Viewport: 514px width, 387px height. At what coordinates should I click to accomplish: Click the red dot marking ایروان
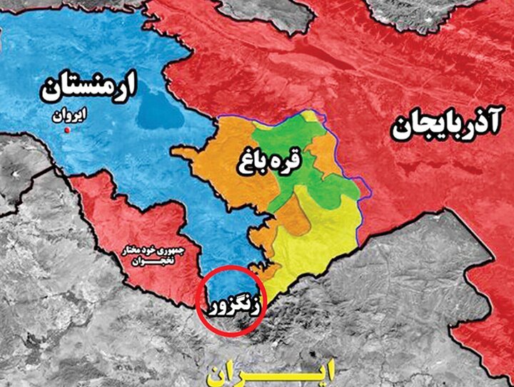(x=67, y=132)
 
